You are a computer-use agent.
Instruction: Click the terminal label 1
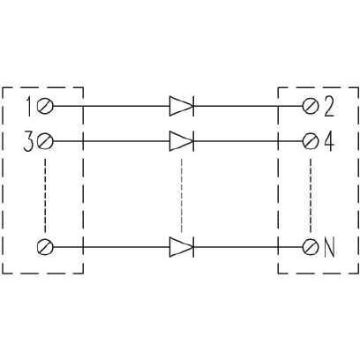(29, 106)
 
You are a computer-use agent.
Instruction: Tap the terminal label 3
(28, 142)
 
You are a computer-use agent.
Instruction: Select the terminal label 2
(329, 107)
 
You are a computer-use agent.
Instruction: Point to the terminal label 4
(329, 142)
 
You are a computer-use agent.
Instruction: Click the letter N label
(329, 248)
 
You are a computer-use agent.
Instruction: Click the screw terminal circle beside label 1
(45, 106)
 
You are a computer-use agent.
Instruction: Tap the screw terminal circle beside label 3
(45, 141)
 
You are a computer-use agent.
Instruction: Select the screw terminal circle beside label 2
(311, 106)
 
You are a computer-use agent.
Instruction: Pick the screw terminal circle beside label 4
(311, 141)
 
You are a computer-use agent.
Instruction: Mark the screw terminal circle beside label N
(311, 247)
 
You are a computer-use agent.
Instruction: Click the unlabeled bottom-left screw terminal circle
(45, 247)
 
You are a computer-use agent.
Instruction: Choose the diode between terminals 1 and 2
(182, 106)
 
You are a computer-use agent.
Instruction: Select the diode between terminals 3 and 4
(182, 141)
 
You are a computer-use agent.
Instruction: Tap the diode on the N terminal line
(182, 247)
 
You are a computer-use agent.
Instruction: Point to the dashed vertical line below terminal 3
(45, 196)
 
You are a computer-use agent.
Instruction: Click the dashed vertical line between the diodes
(182, 196)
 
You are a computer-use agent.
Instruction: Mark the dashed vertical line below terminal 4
(311, 196)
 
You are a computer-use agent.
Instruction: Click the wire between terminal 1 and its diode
(111, 106)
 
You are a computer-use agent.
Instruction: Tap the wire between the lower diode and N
(248, 247)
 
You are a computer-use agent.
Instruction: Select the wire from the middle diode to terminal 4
(248, 141)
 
